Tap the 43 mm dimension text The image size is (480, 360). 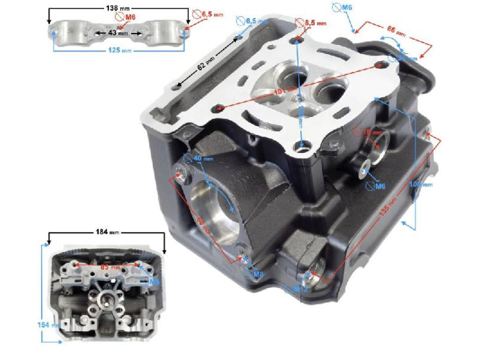pos(117,33)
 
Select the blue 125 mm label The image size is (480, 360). pos(118,50)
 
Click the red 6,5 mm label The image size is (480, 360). pos(212,14)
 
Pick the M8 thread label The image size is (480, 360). pos(257,274)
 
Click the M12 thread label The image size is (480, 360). pos(300,288)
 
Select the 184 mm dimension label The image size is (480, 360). pos(106,232)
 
